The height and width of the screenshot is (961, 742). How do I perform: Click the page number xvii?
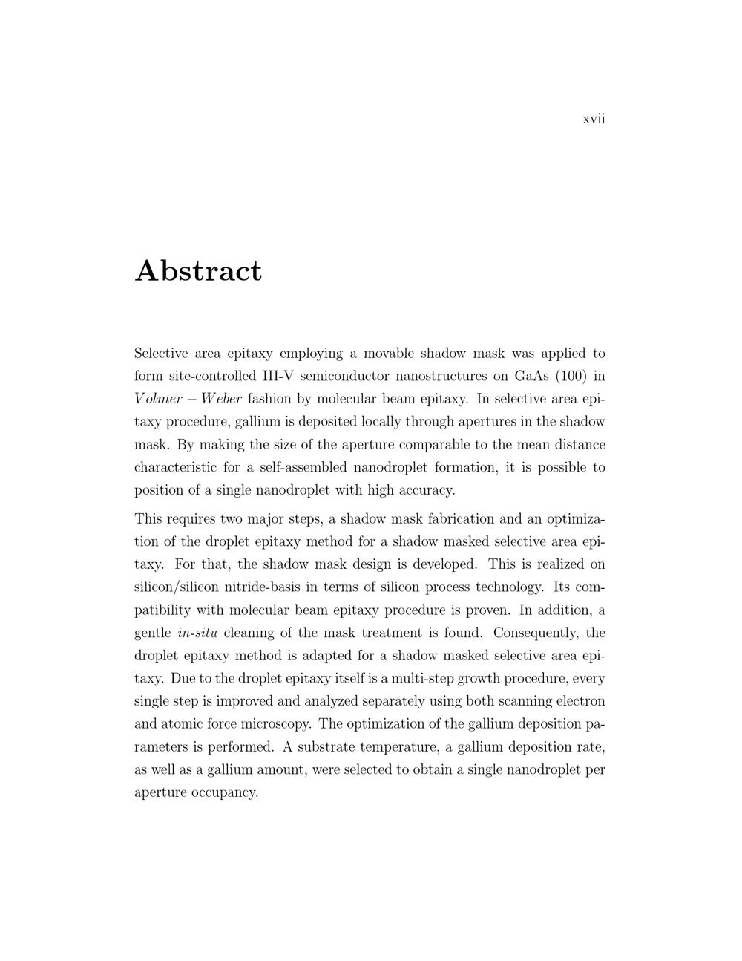[x=594, y=119]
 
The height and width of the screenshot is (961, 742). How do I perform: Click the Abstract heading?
[x=198, y=271]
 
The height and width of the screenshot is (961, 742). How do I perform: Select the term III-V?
[x=278, y=377]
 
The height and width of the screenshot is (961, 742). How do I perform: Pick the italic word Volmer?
[x=158, y=399]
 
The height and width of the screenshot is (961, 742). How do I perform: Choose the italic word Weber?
[x=219, y=399]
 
